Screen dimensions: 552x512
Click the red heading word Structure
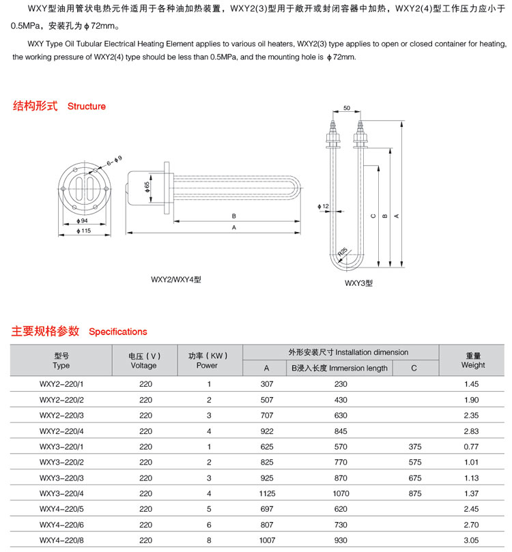(87, 106)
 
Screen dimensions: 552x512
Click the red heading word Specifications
(118, 332)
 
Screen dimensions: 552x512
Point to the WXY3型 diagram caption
(358, 282)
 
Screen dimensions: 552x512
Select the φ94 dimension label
(85, 221)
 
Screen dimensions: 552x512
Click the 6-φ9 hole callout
(113, 161)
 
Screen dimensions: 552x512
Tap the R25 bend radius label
(343, 251)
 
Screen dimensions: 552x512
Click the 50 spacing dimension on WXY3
(347, 108)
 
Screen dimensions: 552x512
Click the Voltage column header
(143, 366)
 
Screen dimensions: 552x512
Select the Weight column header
(473, 366)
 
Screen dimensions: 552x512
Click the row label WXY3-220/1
(61, 447)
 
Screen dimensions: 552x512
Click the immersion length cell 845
(341, 431)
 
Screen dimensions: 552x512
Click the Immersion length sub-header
(340, 368)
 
